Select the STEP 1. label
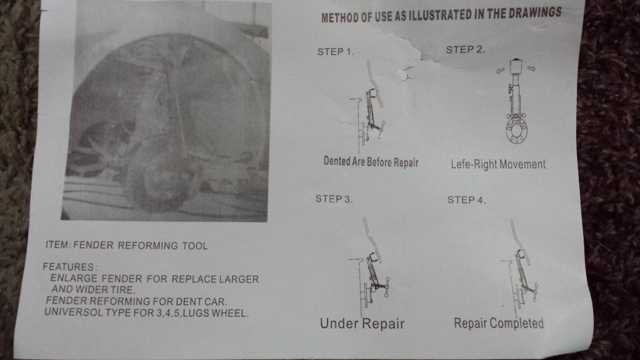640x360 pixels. [x=336, y=52]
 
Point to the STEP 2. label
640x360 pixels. [x=465, y=50]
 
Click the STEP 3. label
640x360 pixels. [x=334, y=199]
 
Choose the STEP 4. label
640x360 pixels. [x=466, y=200]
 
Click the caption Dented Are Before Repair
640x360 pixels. [x=371, y=162]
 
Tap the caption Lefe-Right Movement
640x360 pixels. [x=498, y=164]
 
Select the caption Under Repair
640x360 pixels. [x=362, y=324]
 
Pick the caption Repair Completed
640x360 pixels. [x=499, y=323]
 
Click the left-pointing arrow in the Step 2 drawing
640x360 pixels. [x=500, y=71]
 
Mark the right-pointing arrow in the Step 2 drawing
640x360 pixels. [x=531, y=69]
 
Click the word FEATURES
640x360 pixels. [x=69, y=267]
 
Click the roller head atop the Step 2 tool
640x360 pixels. [x=516, y=67]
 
